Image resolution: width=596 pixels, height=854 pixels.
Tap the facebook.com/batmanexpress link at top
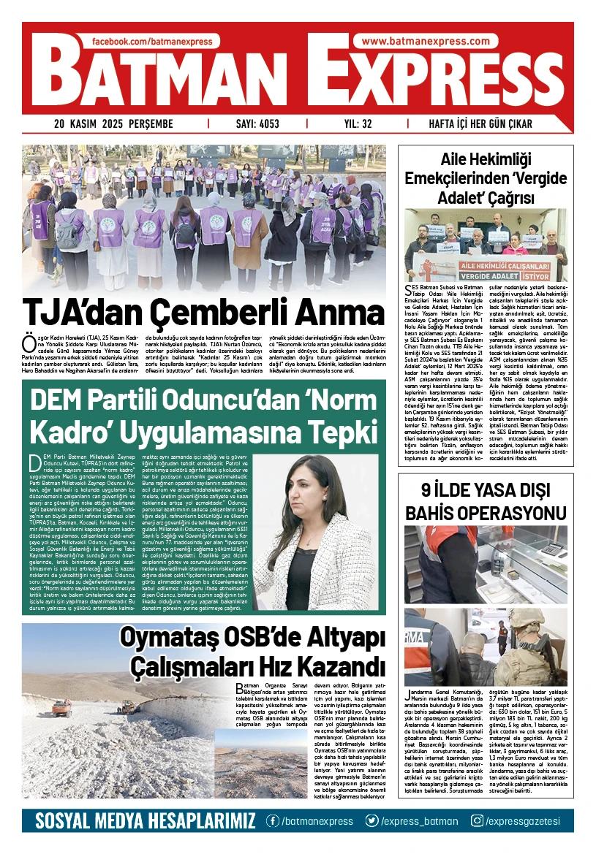[x=156, y=42]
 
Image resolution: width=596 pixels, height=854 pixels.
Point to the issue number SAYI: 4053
[x=257, y=124]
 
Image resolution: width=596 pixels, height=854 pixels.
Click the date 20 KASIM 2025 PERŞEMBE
[x=113, y=124]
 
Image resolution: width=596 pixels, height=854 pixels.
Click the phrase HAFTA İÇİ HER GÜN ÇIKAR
[x=491, y=124]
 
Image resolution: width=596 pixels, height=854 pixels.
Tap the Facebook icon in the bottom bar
[x=272, y=820]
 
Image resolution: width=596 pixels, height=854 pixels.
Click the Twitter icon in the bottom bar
[x=372, y=820]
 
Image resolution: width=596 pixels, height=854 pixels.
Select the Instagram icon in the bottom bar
[x=477, y=820]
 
